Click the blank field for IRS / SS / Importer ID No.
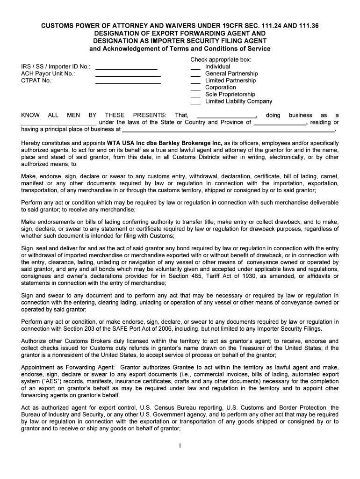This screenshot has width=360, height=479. tap(126, 67)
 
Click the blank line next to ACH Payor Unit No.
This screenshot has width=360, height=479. tap(128, 74)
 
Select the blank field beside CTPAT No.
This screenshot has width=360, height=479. tap(128, 81)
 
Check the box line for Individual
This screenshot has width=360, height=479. tap(195, 67)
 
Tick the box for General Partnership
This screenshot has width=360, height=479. tap(195, 74)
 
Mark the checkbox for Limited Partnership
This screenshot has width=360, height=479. tap(195, 81)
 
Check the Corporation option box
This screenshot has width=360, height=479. tap(195, 88)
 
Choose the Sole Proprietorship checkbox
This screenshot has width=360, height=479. tap(195, 94)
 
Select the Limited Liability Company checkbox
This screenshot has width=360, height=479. tap(195, 102)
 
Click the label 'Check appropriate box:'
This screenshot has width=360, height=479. tap(221, 60)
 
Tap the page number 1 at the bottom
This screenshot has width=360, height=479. tap(180, 445)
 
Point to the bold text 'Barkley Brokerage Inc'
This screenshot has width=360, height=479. tap(186, 143)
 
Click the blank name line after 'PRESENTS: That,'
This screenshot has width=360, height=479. tap(226, 116)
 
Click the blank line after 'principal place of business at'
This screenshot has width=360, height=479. tap(229, 130)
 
